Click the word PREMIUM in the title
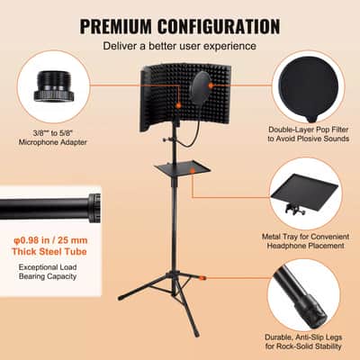pyautogui.click(x=117, y=26)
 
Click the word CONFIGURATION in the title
pyautogui.click(x=220, y=26)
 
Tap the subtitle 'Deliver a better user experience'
pyautogui.click(x=180, y=46)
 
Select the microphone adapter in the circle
pyautogui.click(x=54, y=87)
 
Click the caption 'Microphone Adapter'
pyautogui.click(x=53, y=142)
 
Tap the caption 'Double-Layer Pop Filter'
pyautogui.click(x=309, y=130)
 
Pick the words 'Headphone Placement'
pyautogui.click(x=306, y=246)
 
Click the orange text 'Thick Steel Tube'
pyautogui.click(x=49, y=251)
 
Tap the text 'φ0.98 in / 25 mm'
pyautogui.click(x=50, y=240)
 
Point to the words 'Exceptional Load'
pyautogui.click(x=48, y=267)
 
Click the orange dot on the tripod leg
pyautogui.click(x=202, y=278)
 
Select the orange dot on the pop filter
pyautogui.click(x=211, y=85)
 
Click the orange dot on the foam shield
pyautogui.click(x=178, y=105)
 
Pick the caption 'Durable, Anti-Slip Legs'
pyautogui.click(x=303, y=337)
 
